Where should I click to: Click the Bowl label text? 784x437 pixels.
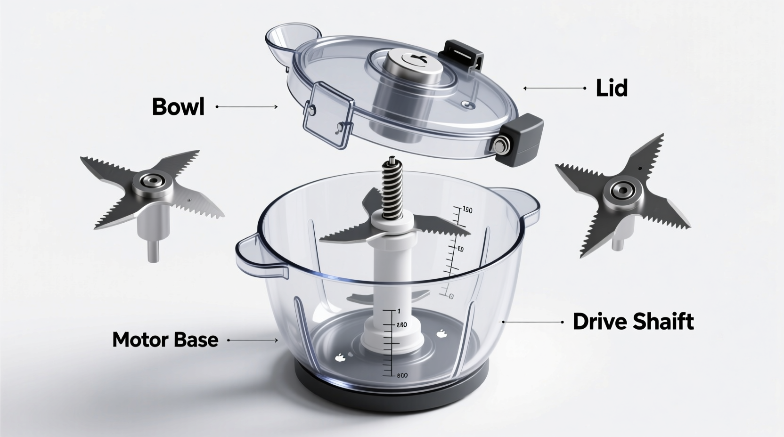click(178, 107)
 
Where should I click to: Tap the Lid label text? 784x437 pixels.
click(612, 88)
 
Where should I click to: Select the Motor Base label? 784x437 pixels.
click(165, 340)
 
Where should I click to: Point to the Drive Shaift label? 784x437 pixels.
click(633, 322)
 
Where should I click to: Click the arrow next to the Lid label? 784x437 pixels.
click(554, 88)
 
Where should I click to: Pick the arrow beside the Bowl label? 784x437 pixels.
click(246, 107)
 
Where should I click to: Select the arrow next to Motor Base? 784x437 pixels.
click(253, 340)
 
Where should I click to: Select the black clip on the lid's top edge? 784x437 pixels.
click(464, 55)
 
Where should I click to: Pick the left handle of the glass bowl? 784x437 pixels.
click(257, 255)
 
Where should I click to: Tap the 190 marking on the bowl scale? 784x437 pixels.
click(467, 210)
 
